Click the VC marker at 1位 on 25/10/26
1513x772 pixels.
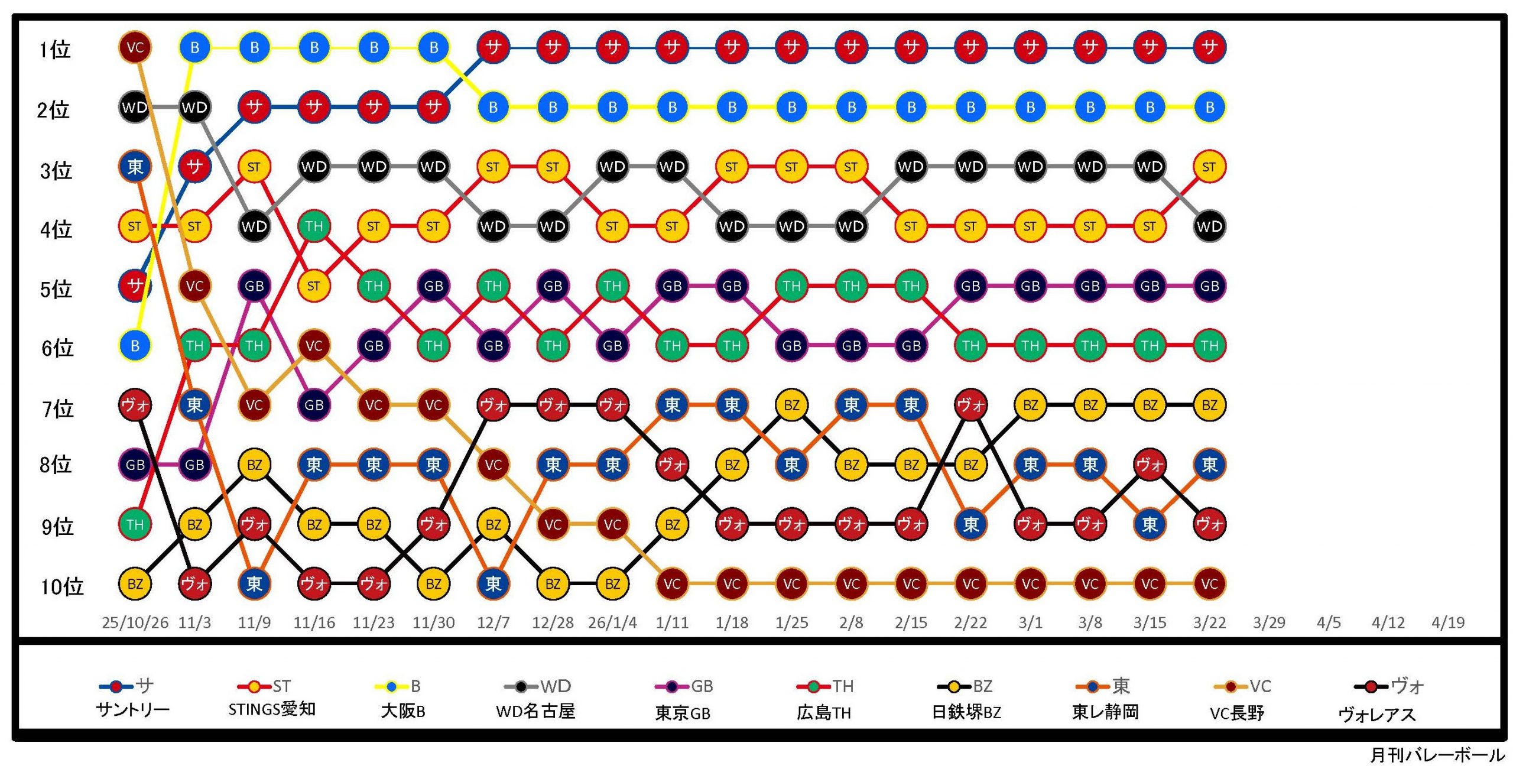click(135, 47)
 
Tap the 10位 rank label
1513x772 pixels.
click(62, 586)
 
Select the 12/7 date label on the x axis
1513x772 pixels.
click(493, 622)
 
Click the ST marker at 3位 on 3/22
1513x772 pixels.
click(1209, 167)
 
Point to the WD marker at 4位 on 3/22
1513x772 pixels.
click(1209, 226)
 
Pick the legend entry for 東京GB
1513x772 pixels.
click(683, 700)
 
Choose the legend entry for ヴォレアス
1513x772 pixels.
click(1377, 700)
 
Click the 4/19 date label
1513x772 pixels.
click(1448, 622)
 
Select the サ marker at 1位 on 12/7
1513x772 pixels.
click(493, 47)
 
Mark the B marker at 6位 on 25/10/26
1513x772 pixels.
click(135, 346)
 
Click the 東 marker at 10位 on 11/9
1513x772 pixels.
click(254, 584)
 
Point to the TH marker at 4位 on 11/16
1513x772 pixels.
click(314, 226)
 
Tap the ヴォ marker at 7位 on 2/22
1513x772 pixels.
click(970, 405)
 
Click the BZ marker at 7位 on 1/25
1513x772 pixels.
click(791, 405)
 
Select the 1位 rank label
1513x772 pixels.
click(55, 50)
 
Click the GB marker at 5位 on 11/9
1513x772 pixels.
click(254, 286)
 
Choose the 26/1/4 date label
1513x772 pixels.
click(612, 622)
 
